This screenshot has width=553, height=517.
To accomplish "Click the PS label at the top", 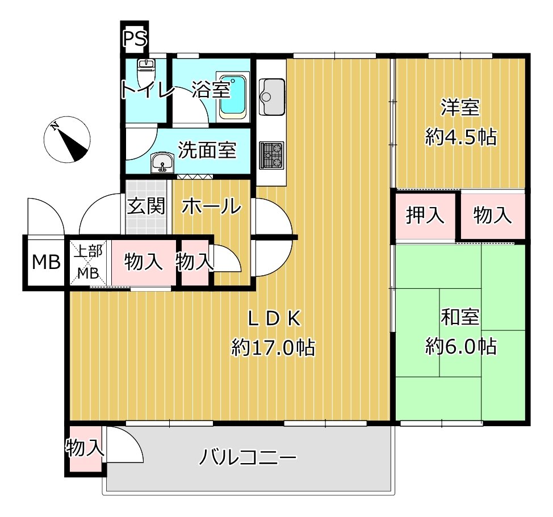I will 135,40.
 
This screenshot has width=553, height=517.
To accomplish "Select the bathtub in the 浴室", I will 233,96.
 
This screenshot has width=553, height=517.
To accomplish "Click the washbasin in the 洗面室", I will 163,163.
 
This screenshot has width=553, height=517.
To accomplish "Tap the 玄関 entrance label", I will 146,206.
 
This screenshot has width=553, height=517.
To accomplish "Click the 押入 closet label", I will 424,216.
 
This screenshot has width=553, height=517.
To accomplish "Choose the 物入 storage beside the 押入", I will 492,216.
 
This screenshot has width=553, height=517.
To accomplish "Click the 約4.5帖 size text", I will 461,137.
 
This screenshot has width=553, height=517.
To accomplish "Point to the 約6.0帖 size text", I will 461,346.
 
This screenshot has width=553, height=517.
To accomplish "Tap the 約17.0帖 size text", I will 273,346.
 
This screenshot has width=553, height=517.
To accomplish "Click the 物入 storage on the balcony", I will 85,448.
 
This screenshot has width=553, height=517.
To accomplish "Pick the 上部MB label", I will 87,262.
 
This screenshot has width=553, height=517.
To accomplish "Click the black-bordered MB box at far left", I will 45,263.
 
